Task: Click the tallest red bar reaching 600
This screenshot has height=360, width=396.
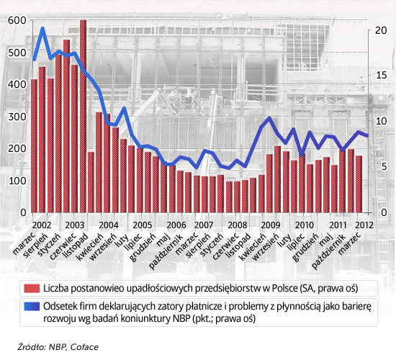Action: pos(83,116)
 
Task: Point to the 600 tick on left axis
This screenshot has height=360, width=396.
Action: pos(17,20)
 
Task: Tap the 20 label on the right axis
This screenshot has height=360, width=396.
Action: pos(381,30)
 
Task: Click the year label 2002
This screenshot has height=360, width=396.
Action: pos(42,225)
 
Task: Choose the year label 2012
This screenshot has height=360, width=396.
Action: pos(364,225)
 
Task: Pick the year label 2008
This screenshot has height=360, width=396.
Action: pos(237,225)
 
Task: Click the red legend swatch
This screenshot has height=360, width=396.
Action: pos(32,288)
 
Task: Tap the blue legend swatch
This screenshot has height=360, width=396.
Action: pos(32,307)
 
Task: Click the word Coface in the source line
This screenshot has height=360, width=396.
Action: pos(84,347)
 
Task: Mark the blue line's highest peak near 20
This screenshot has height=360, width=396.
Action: pos(42,29)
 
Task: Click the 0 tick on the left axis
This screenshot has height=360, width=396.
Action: pos(24,212)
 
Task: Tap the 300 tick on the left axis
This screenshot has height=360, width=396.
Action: pos(17,117)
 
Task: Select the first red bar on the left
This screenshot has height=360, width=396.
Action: pos(34,145)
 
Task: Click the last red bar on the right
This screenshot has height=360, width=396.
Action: pos(359,184)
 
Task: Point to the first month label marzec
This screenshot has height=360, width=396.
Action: pos(24,243)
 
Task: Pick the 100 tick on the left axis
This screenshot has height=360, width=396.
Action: pos(17,181)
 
